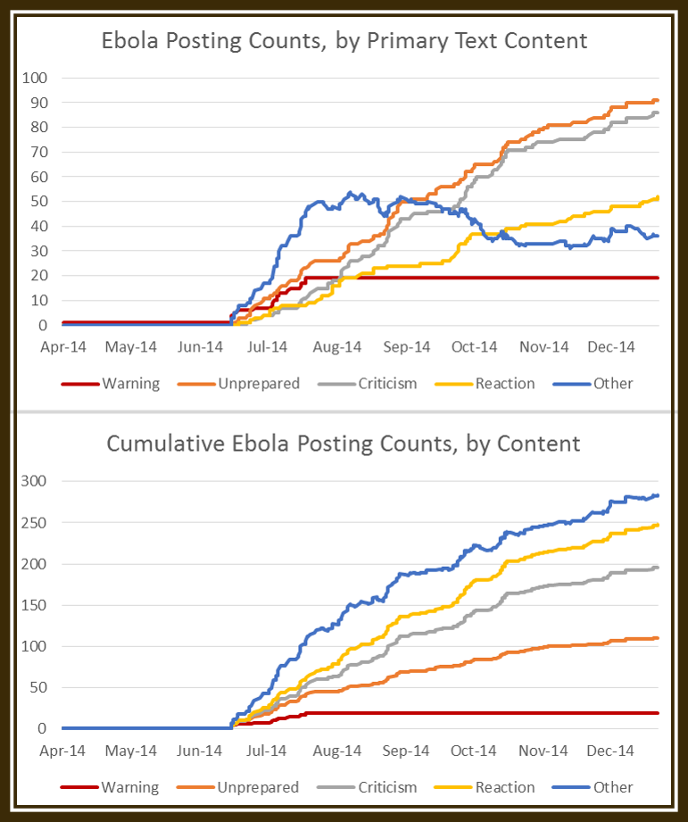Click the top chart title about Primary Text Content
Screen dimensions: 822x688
click(x=344, y=40)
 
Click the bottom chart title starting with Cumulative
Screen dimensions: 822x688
click(x=344, y=444)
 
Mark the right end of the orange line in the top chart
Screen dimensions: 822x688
click(x=658, y=100)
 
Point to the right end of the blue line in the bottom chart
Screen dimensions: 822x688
click(x=658, y=495)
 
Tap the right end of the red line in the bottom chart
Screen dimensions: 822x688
click(x=658, y=712)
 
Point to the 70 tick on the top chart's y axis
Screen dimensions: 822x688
click(x=39, y=152)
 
